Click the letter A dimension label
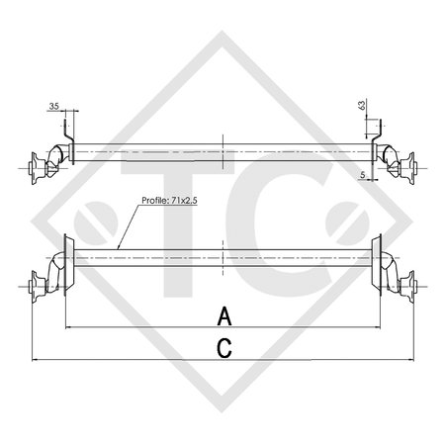pyautogui.click(x=224, y=315)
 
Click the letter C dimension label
pyautogui.click(x=224, y=347)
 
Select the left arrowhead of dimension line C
pyautogui.click(x=37, y=359)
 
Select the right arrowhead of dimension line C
pyautogui.click(x=407, y=359)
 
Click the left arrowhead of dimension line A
pyautogui.click(x=68, y=326)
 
